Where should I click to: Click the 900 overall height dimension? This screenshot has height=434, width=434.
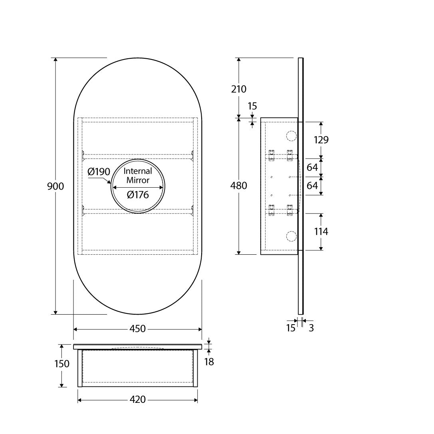point(55,186)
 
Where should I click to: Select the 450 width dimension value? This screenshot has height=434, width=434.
point(137,329)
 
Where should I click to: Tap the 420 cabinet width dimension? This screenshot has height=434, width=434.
point(137,399)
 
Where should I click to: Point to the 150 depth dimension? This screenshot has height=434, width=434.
point(61,364)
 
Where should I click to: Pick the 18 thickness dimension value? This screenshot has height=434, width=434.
point(209,362)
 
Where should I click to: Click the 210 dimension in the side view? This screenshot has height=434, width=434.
point(239,89)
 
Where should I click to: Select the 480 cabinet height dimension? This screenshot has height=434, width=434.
point(239,186)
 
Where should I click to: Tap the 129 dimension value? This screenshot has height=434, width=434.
point(321,140)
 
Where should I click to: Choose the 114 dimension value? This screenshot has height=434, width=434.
point(321,231)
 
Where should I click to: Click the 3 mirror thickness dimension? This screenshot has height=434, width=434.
point(311,328)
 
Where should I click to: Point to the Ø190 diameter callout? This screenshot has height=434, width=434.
point(99,172)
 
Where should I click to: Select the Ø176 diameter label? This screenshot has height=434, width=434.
point(137,195)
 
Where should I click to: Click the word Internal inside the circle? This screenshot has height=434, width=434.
point(138,171)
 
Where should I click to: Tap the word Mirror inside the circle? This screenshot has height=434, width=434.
point(138,180)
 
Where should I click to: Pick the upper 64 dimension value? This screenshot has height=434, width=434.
point(312,167)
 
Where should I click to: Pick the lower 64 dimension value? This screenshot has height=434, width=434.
point(312,186)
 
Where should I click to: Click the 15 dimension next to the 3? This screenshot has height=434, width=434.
point(291,328)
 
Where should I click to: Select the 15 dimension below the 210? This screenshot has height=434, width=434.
point(252,106)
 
